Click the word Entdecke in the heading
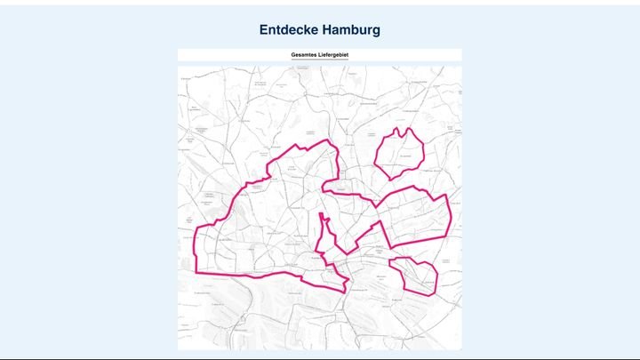pyautogui.click(x=287, y=30)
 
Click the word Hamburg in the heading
pyautogui.click(x=350, y=30)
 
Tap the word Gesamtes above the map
pyautogui.click(x=305, y=55)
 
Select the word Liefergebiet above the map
pyautogui.click(x=334, y=55)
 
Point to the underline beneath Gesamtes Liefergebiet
pyautogui.click(x=320, y=60)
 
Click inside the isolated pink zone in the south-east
pyautogui.click(x=414, y=275)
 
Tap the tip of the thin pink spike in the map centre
pyautogui.click(x=320, y=213)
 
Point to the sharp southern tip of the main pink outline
pyautogui.click(x=345, y=291)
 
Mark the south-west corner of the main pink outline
pyautogui.click(x=197, y=271)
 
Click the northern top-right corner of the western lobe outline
pyautogui.click(x=332, y=140)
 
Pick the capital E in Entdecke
pyautogui.click(x=264, y=30)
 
